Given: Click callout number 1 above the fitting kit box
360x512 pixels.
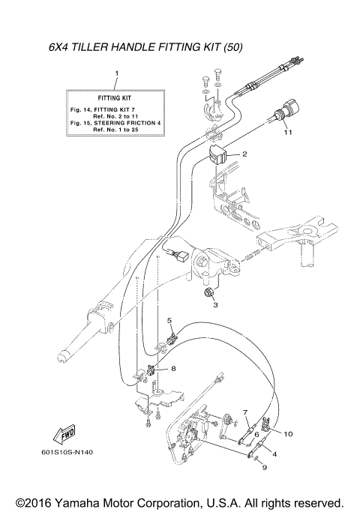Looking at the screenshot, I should (x=116, y=73).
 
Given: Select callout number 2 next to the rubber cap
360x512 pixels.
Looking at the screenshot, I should (x=244, y=154).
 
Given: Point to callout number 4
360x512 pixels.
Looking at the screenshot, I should (x=273, y=454).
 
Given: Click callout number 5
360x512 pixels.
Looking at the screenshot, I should (x=169, y=321).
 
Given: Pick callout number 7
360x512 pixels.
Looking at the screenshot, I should (x=244, y=412).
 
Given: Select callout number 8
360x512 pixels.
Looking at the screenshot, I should (x=173, y=369).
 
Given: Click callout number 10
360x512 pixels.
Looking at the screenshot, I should (x=288, y=433).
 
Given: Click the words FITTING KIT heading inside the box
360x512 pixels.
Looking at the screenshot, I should (x=116, y=98).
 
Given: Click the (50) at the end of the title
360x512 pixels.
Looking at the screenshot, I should (x=232, y=48).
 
